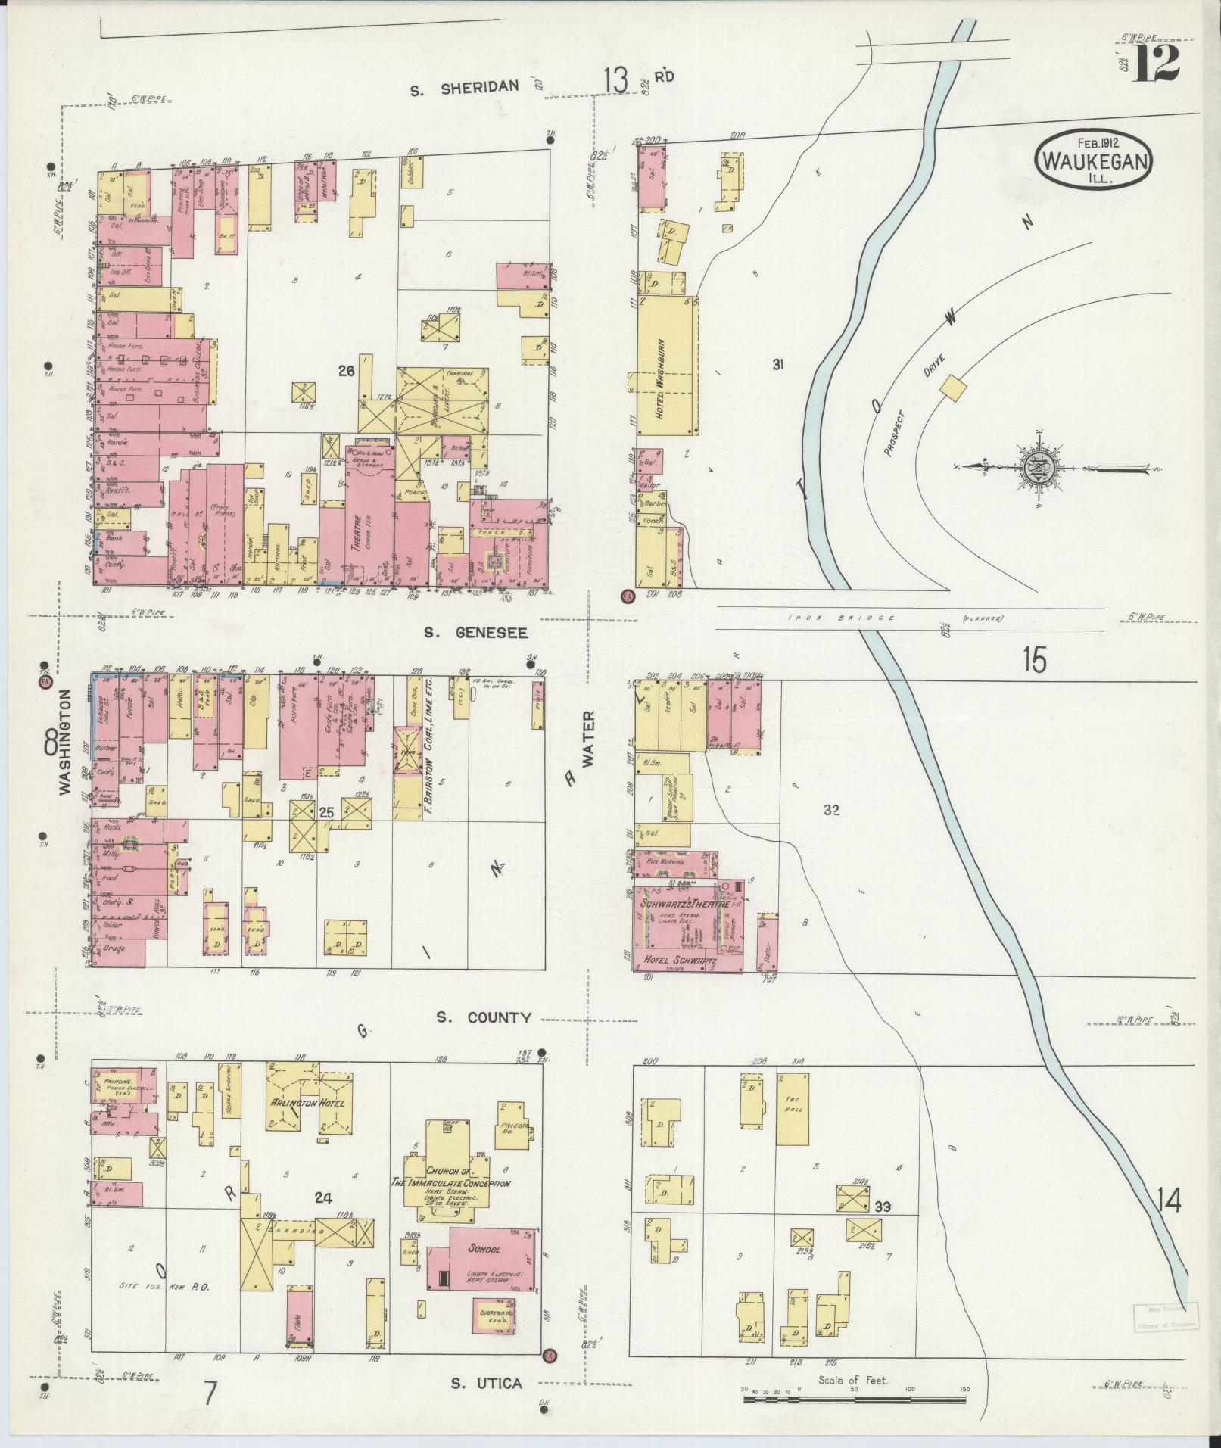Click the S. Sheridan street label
(464, 86)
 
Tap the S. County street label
(484, 1018)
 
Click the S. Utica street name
(486, 1383)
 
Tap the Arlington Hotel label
(308, 1102)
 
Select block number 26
(346, 371)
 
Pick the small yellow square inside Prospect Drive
(953, 388)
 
